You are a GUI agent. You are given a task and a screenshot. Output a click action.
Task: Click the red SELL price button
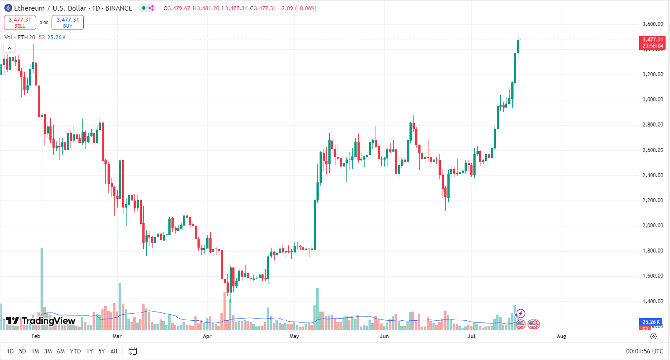(20, 22)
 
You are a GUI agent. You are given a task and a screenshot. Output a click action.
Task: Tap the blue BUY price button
(67, 22)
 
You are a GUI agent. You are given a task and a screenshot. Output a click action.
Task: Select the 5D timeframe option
(22, 351)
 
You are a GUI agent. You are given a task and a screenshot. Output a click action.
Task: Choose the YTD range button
(75, 351)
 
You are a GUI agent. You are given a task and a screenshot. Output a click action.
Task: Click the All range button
(114, 351)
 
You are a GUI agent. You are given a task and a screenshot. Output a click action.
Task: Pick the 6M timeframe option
(61, 351)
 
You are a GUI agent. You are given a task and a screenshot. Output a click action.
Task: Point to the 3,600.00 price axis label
(652, 24)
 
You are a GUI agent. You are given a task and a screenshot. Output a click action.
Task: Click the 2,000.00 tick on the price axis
(652, 226)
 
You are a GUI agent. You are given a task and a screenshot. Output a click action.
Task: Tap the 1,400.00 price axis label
(652, 301)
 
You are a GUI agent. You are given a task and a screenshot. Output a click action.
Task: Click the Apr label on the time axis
(207, 336)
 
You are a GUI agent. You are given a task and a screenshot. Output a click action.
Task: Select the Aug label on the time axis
(561, 336)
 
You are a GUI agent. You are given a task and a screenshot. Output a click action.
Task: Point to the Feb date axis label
(36, 336)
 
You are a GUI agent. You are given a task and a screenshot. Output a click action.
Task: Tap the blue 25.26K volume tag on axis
(651, 322)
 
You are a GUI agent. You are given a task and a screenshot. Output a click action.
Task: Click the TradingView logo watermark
(41, 321)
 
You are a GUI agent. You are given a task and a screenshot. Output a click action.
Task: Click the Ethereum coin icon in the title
(8, 8)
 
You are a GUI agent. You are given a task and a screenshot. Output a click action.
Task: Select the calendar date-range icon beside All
(132, 351)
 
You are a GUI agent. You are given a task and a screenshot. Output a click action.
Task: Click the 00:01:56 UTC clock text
(644, 351)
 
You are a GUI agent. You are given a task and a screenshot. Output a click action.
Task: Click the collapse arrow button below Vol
(9, 48)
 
